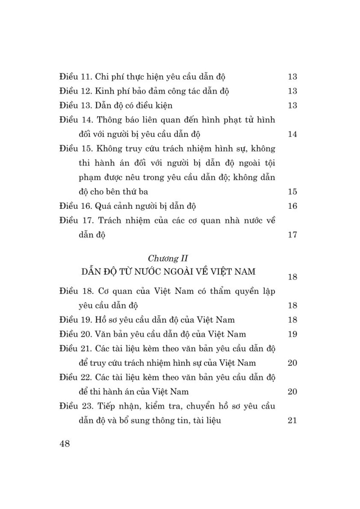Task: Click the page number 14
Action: (x=292, y=134)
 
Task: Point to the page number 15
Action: (x=292, y=192)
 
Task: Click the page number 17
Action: (x=292, y=234)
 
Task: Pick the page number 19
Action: (x=292, y=334)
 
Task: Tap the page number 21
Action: (x=292, y=421)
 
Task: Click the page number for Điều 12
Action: (x=292, y=91)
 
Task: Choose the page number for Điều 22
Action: (x=292, y=392)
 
